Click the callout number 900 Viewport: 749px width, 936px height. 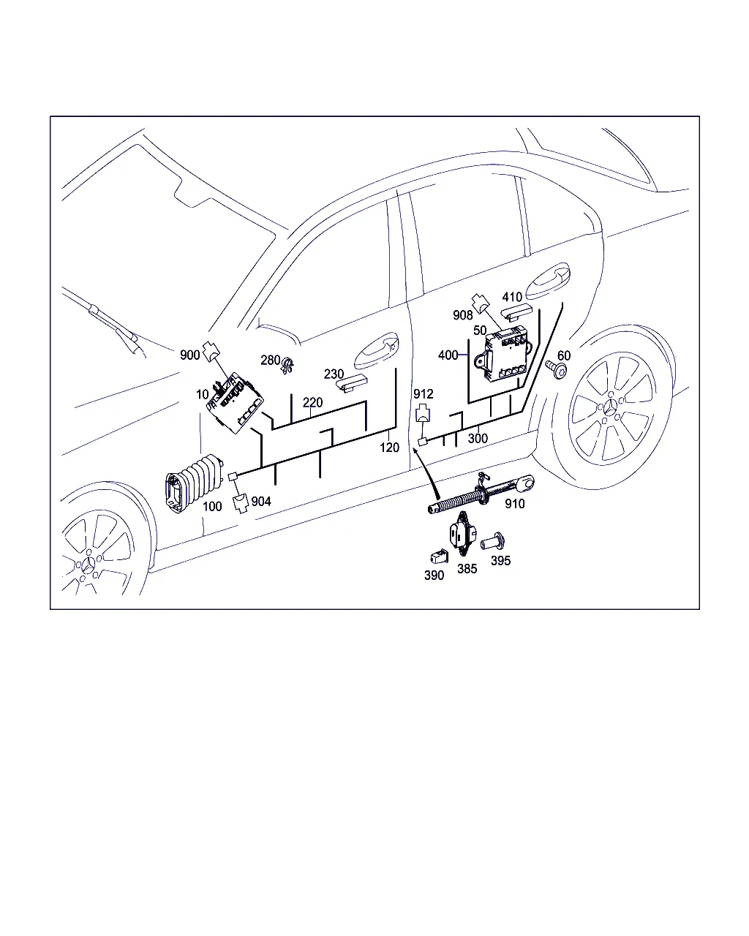189,355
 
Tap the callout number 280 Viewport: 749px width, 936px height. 270,360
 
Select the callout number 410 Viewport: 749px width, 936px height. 512,297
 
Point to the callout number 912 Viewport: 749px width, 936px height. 423,394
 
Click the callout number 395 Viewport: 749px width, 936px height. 500,561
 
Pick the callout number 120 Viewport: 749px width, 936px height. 389,448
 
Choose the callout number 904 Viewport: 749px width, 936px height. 261,502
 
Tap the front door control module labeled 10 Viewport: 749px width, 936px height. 235,402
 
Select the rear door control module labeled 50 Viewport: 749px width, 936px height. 507,355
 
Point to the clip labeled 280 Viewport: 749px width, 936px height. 287,366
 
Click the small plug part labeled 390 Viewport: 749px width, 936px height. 439,556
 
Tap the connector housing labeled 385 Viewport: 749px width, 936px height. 462,534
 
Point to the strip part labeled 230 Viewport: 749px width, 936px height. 352,383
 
